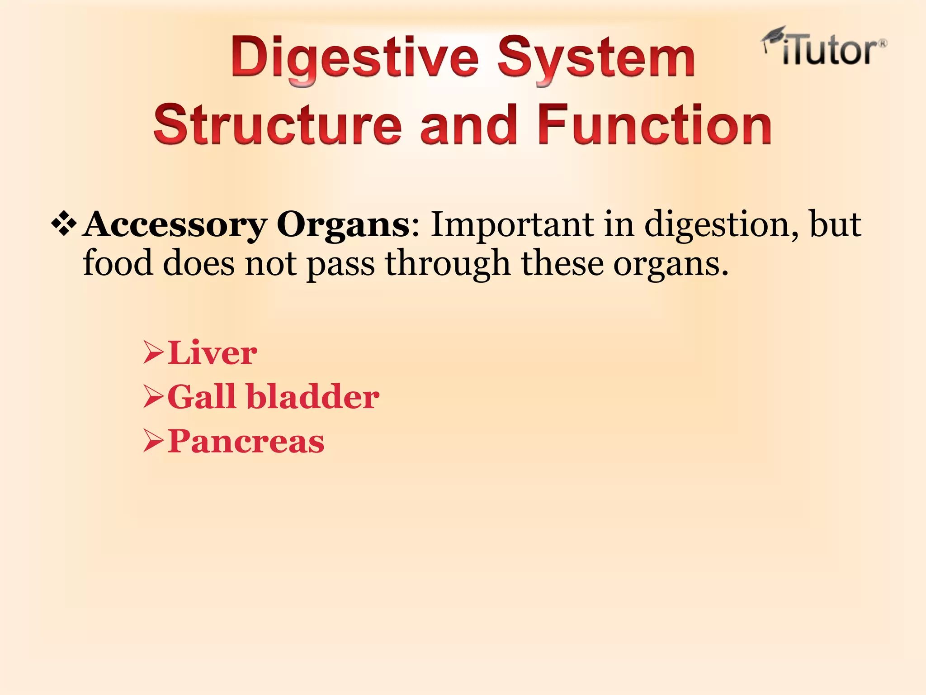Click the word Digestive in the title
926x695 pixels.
coord(354,59)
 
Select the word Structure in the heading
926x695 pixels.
coord(277,124)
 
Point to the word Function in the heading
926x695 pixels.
coord(654,124)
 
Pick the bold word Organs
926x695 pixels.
coord(343,225)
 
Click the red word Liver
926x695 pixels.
coord(212,353)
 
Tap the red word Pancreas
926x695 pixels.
coord(246,441)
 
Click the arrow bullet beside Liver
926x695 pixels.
coord(153,353)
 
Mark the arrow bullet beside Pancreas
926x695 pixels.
coord(153,442)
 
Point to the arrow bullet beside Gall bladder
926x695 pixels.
coord(153,397)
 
